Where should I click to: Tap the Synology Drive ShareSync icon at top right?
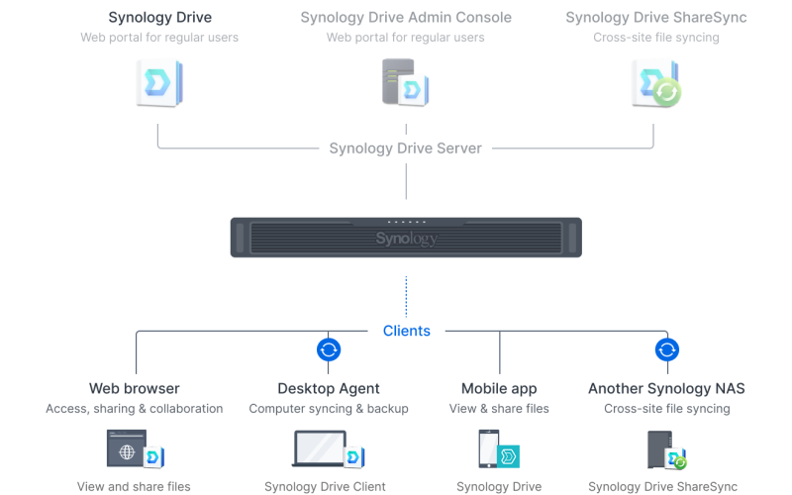656,83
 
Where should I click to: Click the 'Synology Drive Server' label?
406,148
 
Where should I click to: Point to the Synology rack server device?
406,238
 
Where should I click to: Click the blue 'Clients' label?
406,331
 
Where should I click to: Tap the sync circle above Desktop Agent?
329,349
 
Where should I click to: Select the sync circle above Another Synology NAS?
667,349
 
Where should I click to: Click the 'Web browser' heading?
135,388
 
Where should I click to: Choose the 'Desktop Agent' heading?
329,388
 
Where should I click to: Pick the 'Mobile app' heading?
499,388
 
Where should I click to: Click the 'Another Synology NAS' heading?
666,388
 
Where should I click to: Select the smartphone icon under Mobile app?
489,449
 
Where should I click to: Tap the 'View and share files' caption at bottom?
134,486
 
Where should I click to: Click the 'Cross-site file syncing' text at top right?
656,38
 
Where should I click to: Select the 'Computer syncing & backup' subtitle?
329,408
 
